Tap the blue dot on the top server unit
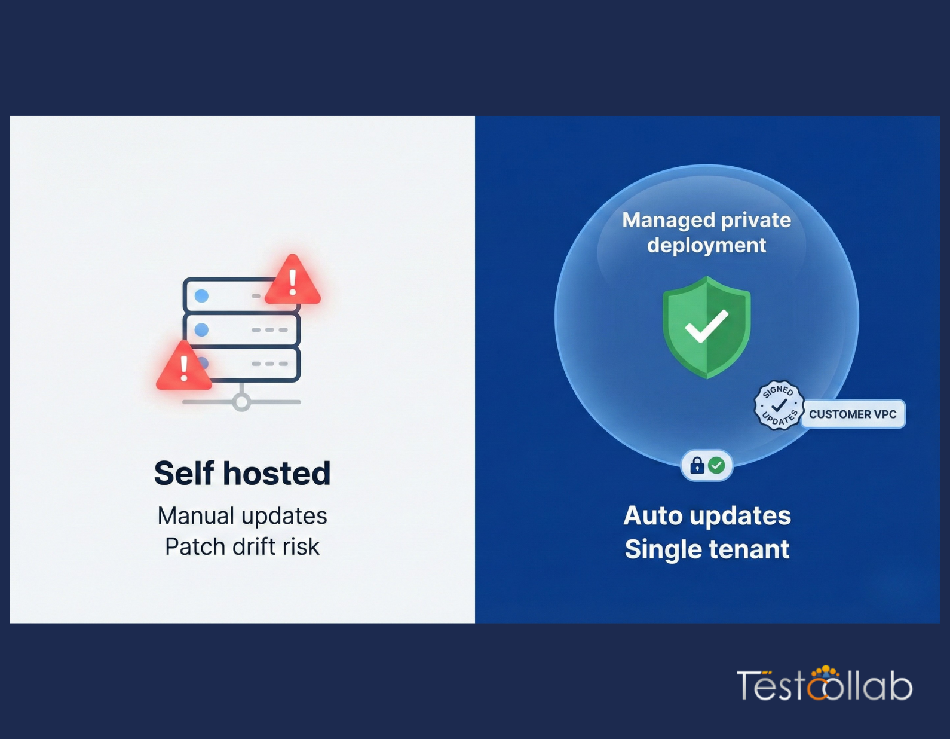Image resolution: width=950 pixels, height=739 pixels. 202,296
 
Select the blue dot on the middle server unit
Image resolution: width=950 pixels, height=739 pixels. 202,329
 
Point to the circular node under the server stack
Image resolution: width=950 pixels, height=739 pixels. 241,402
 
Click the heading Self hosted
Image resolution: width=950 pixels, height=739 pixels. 242,473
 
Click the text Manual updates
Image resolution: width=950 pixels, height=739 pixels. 242,516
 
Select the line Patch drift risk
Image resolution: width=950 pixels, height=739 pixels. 242,546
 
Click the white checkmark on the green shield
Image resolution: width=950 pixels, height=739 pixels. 706,326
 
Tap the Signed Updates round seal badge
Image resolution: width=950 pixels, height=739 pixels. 779,405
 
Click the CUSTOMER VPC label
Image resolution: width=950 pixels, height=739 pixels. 853,414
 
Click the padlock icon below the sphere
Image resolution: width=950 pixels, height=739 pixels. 697,465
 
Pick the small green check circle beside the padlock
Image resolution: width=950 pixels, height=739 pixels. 716,465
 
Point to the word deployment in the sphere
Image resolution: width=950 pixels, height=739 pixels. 706,245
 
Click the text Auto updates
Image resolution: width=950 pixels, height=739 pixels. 707,515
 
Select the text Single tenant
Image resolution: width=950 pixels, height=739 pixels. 707,549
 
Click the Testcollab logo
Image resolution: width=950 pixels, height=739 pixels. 825,685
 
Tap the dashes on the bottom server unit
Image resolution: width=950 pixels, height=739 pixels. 269,364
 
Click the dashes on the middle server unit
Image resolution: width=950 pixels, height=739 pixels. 269,330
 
